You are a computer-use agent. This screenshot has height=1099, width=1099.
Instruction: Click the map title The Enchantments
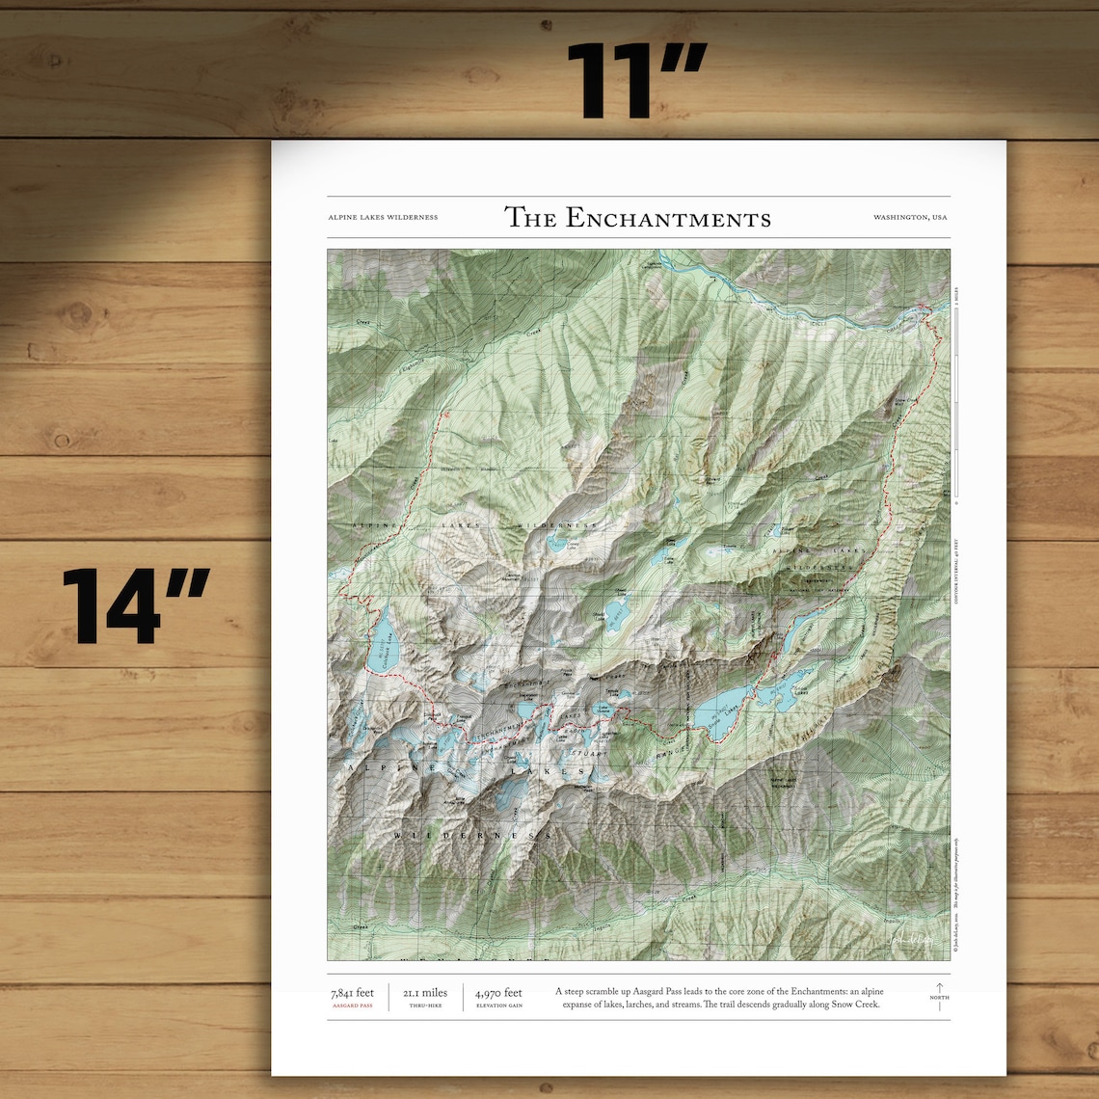coord(637,218)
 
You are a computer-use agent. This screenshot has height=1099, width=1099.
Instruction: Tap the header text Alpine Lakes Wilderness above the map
coord(383,218)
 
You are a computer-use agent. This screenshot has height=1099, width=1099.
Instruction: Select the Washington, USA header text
coord(910,218)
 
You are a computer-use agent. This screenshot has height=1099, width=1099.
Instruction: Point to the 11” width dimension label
coord(636,81)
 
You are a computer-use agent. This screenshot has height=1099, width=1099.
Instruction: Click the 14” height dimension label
coord(136,607)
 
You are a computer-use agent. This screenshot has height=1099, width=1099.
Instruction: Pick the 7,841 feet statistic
coord(352,993)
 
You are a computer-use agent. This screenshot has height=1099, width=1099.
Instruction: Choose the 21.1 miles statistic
coord(425,993)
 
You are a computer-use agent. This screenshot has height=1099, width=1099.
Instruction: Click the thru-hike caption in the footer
coord(425,1005)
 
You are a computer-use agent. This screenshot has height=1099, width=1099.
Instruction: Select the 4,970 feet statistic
coord(498,993)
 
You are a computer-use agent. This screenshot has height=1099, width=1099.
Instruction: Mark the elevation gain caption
coord(498,1005)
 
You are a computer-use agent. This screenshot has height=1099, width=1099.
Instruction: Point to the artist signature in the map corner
coord(910,941)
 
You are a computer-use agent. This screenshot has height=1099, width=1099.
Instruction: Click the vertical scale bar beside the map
coord(955,405)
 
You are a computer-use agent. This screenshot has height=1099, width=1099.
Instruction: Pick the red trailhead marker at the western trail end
coord(445,413)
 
